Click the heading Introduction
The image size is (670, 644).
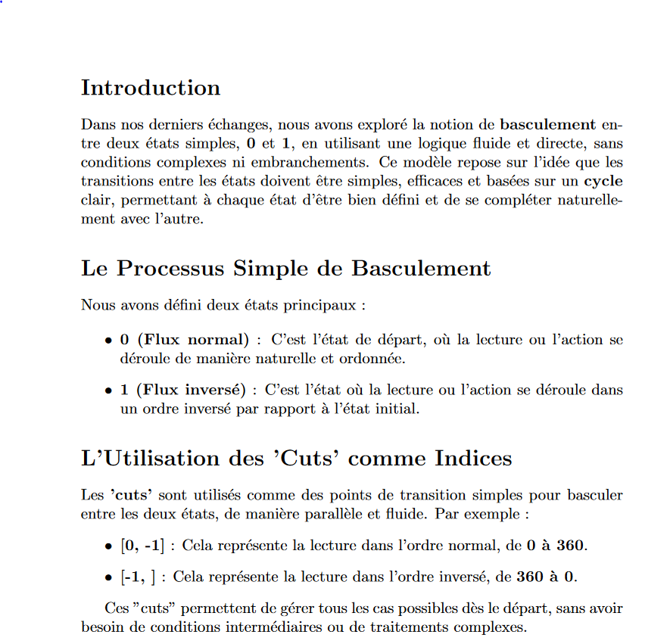tap(151, 88)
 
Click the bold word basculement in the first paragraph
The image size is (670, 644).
tap(548, 124)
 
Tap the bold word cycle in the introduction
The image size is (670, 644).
tap(603, 182)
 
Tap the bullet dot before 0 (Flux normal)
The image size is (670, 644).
tap(109, 341)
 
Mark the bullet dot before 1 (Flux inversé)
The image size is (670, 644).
tap(109, 390)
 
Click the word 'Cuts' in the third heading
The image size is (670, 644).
tap(304, 459)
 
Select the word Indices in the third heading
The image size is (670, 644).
tap(473, 459)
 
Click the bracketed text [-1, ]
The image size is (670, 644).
tap(138, 577)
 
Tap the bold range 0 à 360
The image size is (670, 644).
tap(556, 545)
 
